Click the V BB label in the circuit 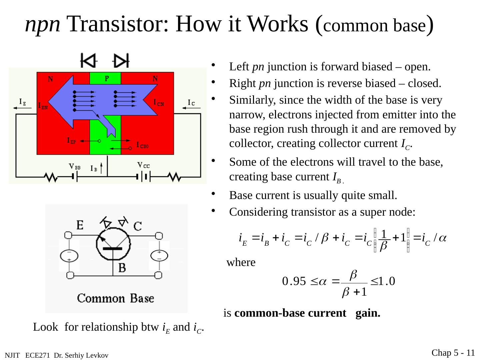coord(74,167)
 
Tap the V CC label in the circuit coord(144,165)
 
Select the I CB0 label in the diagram coord(142,145)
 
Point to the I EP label coord(71,141)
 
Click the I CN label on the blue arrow coord(159,103)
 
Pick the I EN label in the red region coord(43,106)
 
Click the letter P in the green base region coord(107,79)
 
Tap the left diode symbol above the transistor coord(88,61)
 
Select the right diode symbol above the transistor coord(121,61)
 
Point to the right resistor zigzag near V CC coord(175,177)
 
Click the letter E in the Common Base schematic coord(80,226)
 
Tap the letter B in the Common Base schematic coord(122,268)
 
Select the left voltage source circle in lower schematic coord(69,256)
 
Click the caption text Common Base coord(116,298)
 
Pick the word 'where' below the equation coord(241,263)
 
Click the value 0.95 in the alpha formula coord(294,282)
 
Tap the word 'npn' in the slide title coord(43,24)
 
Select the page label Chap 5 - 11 coord(453,353)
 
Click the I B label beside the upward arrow coord(94,169)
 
